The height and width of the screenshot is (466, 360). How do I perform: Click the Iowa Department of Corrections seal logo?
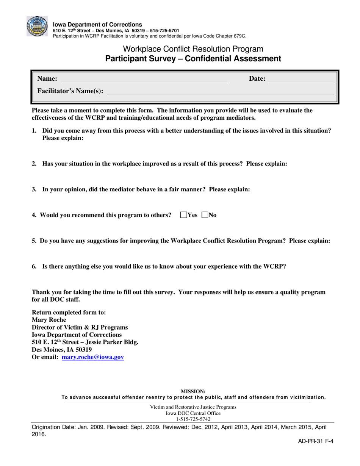[37, 27]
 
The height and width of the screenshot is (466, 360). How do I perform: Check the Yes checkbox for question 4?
[184, 215]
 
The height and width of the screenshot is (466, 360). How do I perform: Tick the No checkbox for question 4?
[205, 215]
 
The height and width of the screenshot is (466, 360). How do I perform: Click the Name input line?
[144, 79]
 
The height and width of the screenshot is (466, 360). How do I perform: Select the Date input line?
[301, 79]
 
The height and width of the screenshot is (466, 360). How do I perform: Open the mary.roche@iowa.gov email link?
[92, 357]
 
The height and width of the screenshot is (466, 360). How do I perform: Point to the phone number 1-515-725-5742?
[193, 419]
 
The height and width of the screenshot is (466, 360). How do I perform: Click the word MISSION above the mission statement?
[193, 391]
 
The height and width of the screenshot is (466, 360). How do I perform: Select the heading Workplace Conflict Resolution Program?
[193, 49]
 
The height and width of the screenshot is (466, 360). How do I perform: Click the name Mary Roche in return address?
[49, 320]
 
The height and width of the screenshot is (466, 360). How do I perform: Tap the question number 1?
[34, 131]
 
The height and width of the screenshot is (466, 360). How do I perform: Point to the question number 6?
[34, 266]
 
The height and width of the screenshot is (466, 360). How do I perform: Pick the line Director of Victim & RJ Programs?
[80, 327]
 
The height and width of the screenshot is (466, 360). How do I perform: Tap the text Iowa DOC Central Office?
[193, 413]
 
